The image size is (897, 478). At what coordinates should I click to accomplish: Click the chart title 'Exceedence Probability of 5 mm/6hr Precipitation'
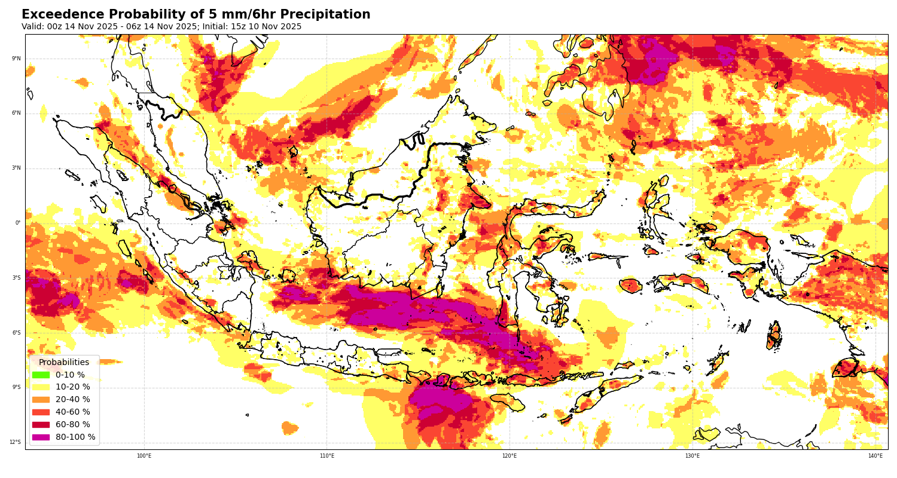pyautogui.click(x=196, y=15)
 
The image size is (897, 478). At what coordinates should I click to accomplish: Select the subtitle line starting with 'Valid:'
pyautogui.click(x=161, y=27)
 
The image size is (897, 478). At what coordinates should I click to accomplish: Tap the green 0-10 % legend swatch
pyautogui.click(x=41, y=375)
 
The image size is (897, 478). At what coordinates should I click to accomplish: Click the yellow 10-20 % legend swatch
pyautogui.click(x=41, y=387)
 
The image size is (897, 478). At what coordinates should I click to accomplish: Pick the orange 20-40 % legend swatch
pyautogui.click(x=41, y=400)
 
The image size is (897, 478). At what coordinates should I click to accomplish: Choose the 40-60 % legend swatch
pyautogui.click(x=41, y=412)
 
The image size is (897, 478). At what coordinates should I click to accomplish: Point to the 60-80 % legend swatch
pyautogui.click(x=41, y=425)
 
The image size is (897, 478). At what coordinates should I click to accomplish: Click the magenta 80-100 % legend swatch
pyautogui.click(x=41, y=437)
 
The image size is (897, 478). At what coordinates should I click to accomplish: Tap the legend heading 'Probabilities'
pyautogui.click(x=64, y=362)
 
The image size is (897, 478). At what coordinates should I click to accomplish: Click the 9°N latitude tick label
pyautogui.click(x=16, y=59)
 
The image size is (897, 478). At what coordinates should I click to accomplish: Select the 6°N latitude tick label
pyautogui.click(x=16, y=113)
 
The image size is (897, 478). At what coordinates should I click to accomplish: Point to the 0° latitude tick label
pyautogui.click(x=18, y=223)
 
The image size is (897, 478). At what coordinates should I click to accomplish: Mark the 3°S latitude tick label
pyautogui.click(x=16, y=278)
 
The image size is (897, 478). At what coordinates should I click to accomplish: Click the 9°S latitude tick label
pyautogui.click(x=16, y=387)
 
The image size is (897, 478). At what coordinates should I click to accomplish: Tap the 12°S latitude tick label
pyautogui.click(x=15, y=442)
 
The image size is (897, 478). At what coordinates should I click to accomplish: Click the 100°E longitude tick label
pyautogui.click(x=144, y=456)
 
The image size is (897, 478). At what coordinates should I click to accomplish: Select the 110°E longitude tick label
pyautogui.click(x=327, y=456)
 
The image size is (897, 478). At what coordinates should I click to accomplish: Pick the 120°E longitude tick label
pyautogui.click(x=509, y=456)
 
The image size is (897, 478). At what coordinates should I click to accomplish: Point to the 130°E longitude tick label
pyautogui.click(x=692, y=456)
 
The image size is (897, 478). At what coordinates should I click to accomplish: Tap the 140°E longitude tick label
pyautogui.click(x=875, y=456)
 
